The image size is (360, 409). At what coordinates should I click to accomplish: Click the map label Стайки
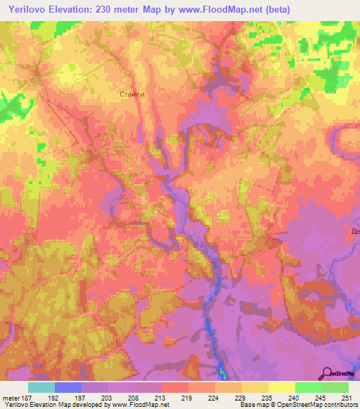pyautogui.click(x=132, y=93)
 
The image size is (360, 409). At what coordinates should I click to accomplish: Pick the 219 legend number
pyautogui.click(x=186, y=397)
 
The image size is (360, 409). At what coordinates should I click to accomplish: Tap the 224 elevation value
pyautogui.click(x=213, y=397)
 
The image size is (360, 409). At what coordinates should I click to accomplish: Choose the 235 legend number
pyautogui.click(x=267, y=397)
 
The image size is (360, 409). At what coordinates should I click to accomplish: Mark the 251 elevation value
pyautogui.click(x=347, y=397)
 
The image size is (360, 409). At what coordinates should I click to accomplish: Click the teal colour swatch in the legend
pyautogui.click(x=41, y=387)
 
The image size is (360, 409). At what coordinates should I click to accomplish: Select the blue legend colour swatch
pyautogui.click(x=68, y=387)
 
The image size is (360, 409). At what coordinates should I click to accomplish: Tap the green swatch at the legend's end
pyautogui.click(x=335, y=387)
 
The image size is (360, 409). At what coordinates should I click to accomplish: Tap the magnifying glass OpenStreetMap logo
pyautogui.click(x=327, y=375)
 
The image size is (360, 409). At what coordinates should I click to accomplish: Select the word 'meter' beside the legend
pyautogui.click(x=10, y=397)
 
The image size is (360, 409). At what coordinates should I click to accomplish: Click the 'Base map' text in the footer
pyautogui.click(x=252, y=405)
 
